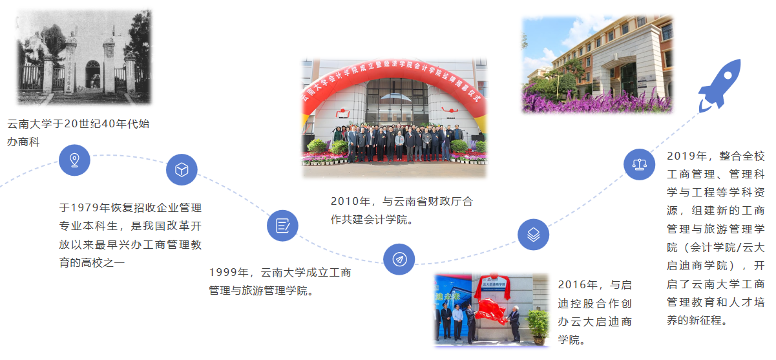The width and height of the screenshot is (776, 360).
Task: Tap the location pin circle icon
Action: [74, 160]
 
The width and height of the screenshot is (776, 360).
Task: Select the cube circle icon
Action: [182, 169]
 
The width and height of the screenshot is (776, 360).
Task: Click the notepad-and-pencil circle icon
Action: [282, 226]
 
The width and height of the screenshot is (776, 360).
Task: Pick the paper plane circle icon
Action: [399, 259]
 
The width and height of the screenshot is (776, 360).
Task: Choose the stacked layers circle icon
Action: [534, 235]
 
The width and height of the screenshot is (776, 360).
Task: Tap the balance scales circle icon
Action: [640, 164]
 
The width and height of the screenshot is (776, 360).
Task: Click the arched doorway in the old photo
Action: [93, 74]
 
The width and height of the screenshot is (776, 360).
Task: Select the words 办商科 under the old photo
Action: [23, 142]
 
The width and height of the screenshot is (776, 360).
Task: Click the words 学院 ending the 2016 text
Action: [569, 339]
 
